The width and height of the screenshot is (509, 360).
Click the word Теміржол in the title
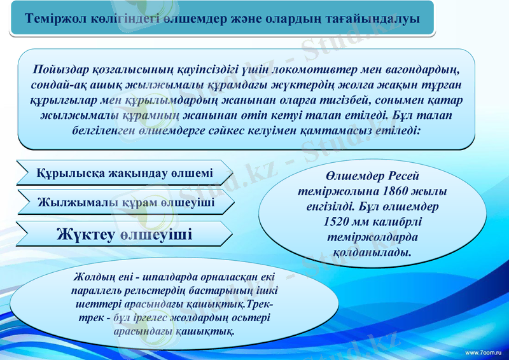(x=51, y=19)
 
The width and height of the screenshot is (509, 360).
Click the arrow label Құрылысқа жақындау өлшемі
(x=125, y=173)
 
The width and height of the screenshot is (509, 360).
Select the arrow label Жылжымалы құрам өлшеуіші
(x=125, y=203)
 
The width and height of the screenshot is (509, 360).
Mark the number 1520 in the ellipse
(x=337, y=222)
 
